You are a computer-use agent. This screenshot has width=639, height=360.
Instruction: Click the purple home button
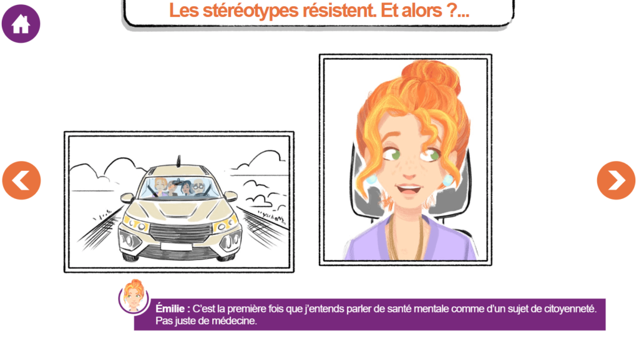[21, 24]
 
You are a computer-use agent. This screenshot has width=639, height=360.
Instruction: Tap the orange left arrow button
[22, 180]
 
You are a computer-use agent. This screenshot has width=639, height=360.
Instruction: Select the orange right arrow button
[616, 180]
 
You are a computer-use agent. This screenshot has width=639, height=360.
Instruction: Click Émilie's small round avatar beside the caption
[134, 296]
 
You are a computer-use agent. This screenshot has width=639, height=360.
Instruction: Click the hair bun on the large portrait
[431, 76]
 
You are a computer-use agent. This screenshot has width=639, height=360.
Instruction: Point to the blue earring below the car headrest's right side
[447, 180]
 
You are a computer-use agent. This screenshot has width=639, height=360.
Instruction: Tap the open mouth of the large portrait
[408, 190]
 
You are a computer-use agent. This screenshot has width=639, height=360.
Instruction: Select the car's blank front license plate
[176, 246]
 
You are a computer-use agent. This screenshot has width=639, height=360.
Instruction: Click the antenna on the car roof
[178, 161]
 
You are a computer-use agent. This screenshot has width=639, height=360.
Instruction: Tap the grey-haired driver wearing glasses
[199, 188]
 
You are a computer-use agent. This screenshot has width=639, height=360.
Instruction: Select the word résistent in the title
[339, 11]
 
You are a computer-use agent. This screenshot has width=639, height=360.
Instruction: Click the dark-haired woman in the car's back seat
[186, 188]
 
